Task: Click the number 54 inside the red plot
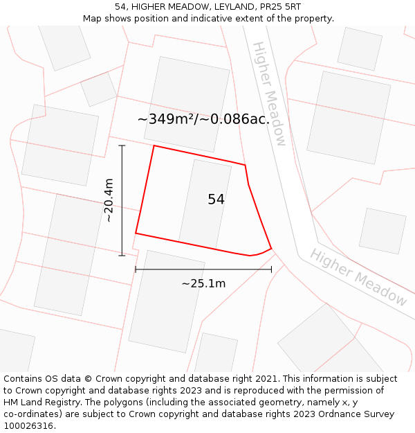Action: pyautogui.click(x=216, y=200)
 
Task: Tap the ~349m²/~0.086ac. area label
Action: pyautogui.click(x=203, y=119)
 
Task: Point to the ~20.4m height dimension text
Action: pyautogui.click(x=109, y=200)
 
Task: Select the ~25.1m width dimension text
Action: pyautogui.click(x=203, y=283)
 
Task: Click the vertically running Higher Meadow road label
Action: pyautogui.click(x=268, y=94)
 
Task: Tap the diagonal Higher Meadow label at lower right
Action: pyautogui.click(x=358, y=277)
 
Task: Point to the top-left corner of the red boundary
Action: pyautogui.click(x=154, y=145)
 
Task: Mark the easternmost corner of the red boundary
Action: pyautogui.click(x=271, y=248)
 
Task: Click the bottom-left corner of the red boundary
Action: pyautogui.click(x=136, y=233)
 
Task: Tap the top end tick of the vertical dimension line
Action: pyautogui.click(x=122, y=145)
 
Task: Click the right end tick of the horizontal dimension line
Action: pyautogui.click(x=271, y=269)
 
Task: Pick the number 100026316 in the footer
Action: pyautogui.click(x=28, y=425)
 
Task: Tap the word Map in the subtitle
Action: pyautogui.click(x=93, y=18)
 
